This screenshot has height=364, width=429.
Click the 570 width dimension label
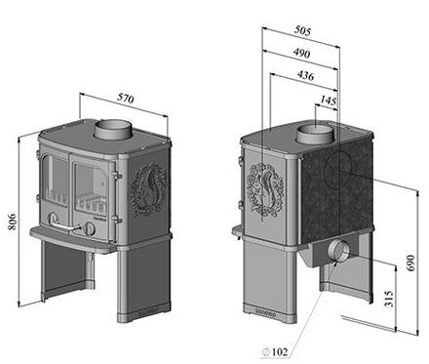coord(125,99)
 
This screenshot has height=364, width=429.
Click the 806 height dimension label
coord(13,222)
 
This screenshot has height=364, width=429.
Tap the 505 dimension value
coord(302,30)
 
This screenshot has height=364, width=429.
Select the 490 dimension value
coord(301,53)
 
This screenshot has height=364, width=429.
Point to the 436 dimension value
coord(305,75)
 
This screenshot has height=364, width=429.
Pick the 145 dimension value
coord(328,101)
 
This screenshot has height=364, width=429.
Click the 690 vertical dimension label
coord(410,263)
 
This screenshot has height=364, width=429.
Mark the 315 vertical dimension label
coord(389,299)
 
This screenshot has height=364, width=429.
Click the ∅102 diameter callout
coord(275,351)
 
